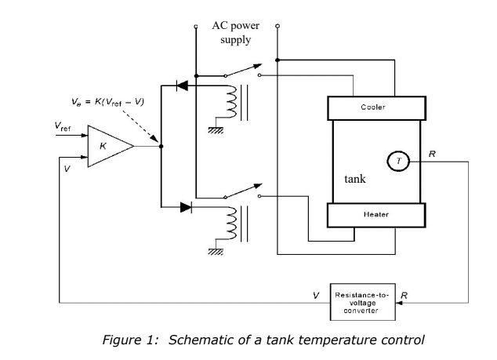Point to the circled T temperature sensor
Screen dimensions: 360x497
pos(397,161)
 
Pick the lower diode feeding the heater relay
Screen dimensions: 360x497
pos(184,207)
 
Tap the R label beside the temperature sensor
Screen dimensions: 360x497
pos(432,155)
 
